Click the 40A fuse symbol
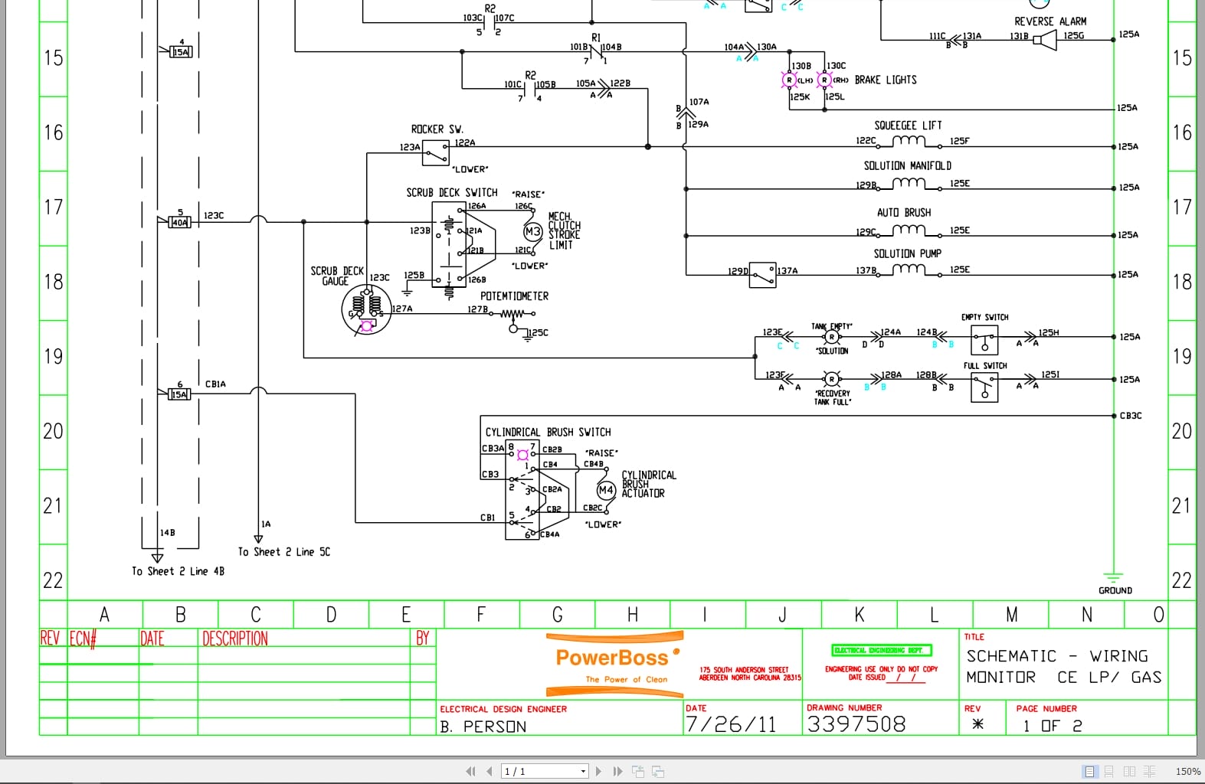(x=179, y=222)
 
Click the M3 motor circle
(x=532, y=231)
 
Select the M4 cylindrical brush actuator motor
(x=606, y=490)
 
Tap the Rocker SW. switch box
(x=436, y=153)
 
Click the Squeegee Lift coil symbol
(x=909, y=142)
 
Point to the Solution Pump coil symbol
(x=909, y=269)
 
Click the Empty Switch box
(x=984, y=339)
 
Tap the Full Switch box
(x=984, y=387)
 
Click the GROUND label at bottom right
(x=1115, y=590)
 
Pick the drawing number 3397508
(x=856, y=724)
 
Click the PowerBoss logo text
(x=612, y=658)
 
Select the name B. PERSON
(x=483, y=727)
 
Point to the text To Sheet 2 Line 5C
(x=283, y=552)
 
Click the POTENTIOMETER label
(x=514, y=296)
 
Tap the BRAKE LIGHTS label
(x=885, y=80)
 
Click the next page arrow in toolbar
(x=598, y=771)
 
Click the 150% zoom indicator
(x=1187, y=771)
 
